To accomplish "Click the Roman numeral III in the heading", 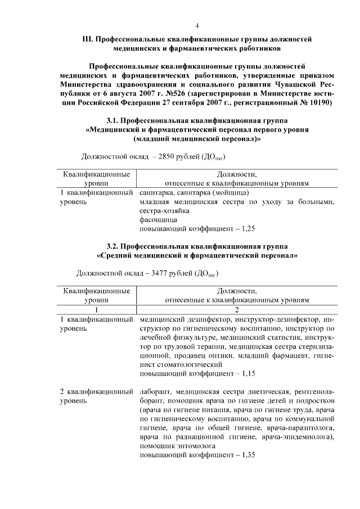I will [x=87, y=39].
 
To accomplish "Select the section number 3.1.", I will [x=115, y=120].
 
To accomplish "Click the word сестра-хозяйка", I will [x=165, y=211].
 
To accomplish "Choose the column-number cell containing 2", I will [x=237, y=309].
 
